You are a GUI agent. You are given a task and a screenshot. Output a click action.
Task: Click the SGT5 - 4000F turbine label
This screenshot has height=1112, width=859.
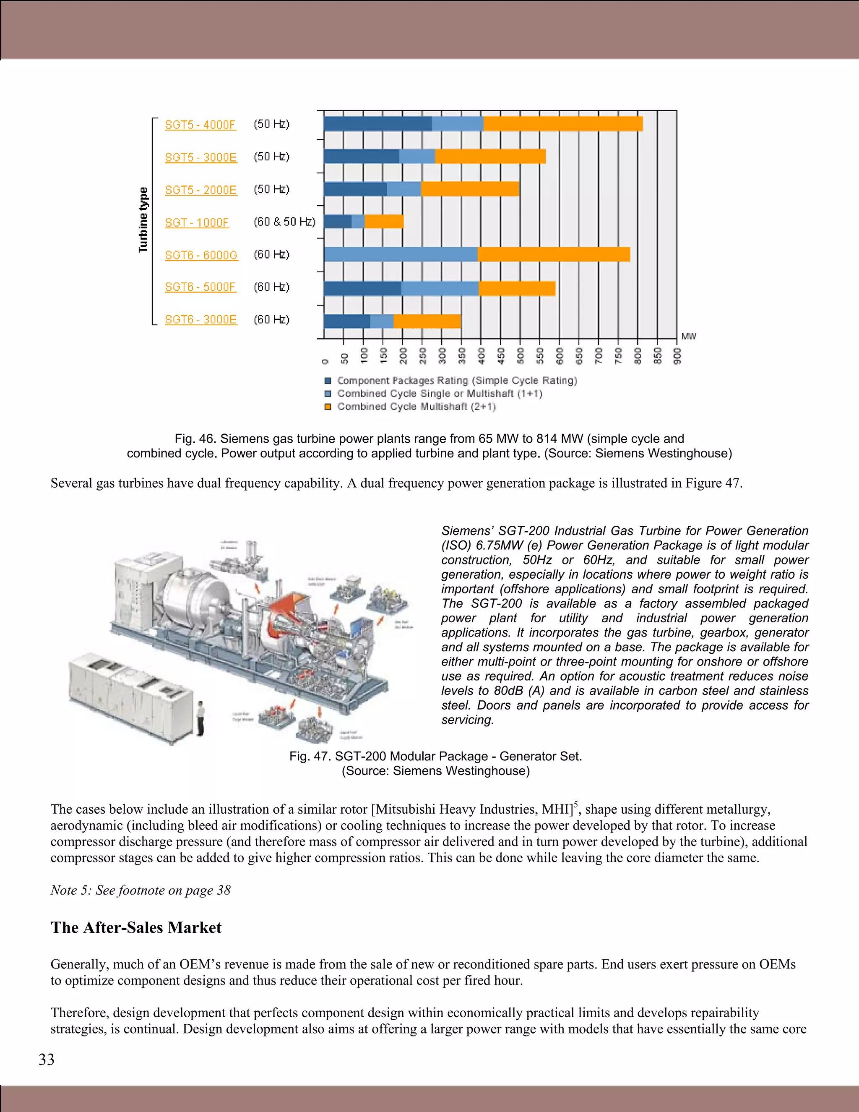[200, 125]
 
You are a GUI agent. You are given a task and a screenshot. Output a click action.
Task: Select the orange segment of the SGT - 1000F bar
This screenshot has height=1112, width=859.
[384, 222]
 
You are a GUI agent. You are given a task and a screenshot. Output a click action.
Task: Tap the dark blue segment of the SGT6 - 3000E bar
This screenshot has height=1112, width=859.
[346, 321]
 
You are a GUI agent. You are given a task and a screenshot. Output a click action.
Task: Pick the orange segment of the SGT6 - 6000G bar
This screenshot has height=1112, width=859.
[553, 254]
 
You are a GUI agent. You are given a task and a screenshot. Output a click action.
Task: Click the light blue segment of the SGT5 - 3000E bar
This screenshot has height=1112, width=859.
[417, 157]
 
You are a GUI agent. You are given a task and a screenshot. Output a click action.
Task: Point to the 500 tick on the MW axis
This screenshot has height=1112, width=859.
[520, 353]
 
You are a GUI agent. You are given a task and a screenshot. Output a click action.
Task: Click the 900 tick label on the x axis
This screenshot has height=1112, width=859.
[677, 355]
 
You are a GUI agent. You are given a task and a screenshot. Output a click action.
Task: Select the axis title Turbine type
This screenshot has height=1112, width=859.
[143, 219]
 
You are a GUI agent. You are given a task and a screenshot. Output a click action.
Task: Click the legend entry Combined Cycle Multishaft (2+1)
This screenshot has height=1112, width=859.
[416, 406]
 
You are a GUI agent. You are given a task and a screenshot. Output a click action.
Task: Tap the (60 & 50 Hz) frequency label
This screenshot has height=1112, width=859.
[284, 222]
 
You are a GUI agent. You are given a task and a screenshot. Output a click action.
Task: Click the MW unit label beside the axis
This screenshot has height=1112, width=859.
[689, 336]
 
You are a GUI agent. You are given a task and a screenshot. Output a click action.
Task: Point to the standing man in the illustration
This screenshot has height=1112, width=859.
[200, 718]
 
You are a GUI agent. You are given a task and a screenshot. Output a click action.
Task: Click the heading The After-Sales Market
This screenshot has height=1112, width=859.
[136, 927]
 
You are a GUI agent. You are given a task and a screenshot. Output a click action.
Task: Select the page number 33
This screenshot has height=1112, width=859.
[46, 1059]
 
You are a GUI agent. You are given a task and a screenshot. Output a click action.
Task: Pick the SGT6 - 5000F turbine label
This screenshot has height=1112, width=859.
[200, 287]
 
